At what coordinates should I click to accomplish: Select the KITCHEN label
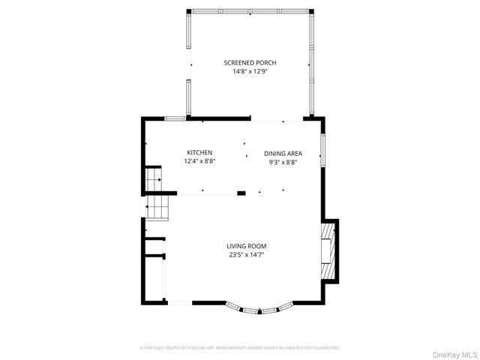[x=199, y=152]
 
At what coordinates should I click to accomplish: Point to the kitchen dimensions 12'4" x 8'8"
[x=199, y=161]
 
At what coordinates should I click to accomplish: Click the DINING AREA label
[x=283, y=154]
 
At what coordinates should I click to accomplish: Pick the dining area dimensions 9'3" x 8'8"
[x=283, y=163]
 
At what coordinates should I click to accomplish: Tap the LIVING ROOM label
[x=247, y=246]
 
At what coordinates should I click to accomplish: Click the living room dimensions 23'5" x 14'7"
[x=247, y=255]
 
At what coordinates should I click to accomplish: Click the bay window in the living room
[x=260, y=308]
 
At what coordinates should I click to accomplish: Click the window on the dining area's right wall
[x=322, y=150]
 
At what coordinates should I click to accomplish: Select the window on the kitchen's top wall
[x=175, y=118]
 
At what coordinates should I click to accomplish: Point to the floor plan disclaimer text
[x=240, y=348]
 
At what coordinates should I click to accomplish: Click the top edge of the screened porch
[x=248, y=10]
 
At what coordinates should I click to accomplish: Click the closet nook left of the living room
[x=154, y=248]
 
